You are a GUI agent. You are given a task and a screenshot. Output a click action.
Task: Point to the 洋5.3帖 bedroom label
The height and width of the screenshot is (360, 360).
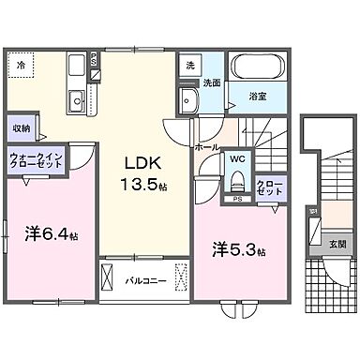point(240,250)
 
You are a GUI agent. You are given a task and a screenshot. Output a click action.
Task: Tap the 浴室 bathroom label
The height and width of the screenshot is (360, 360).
point(258,95)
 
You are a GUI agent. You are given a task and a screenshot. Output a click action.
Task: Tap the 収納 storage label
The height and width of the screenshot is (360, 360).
point(21,127)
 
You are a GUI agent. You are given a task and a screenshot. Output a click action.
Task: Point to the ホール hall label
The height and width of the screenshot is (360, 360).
point(207,147)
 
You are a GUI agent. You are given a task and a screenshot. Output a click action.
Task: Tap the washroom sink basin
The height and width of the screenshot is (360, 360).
point(189,102)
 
